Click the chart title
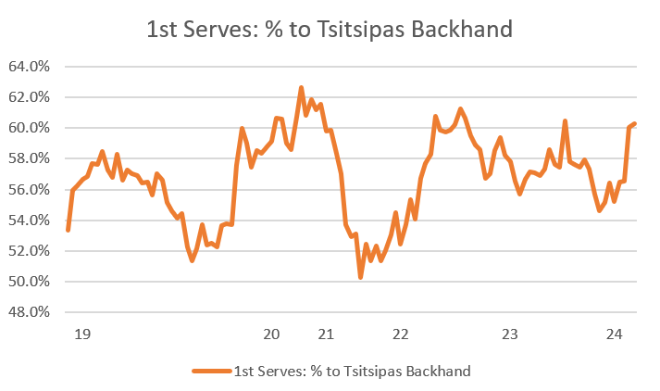330,30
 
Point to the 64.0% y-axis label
30,67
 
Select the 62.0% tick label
30,97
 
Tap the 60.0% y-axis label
30,128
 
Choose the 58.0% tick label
30,158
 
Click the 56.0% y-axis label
30,189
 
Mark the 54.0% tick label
30,220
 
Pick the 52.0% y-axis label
30,250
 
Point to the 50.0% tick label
30,281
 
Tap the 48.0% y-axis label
30,311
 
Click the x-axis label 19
81,334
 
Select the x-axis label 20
272,334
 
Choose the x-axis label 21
325,334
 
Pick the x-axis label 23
508,334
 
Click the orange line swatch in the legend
211,372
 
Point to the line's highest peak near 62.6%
301,88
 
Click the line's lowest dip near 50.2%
360,277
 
